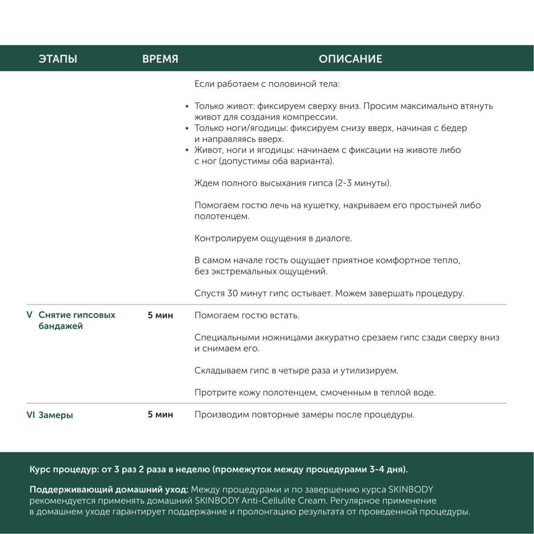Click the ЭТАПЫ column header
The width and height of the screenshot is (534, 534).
pos(58,59)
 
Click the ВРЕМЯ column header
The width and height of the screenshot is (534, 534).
pos(160,59)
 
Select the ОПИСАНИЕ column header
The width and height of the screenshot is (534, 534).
pos(350,59)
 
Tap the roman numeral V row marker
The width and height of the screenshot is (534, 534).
pos(29,315)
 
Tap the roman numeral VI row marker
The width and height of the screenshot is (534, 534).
pos(31,415)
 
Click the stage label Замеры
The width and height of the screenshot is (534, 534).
pos(56,415)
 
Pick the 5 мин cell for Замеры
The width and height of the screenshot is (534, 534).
pos(160,415)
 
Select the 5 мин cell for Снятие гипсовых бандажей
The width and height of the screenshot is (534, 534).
pos(160,316)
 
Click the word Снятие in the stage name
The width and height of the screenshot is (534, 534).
pos(54,315)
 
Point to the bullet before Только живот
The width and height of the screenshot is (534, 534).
pos(187,107)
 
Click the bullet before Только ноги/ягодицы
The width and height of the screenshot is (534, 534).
pos(187,129)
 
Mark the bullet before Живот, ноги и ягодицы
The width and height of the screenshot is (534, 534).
pos(187,150)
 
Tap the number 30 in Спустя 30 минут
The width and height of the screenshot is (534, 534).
pos(232,294)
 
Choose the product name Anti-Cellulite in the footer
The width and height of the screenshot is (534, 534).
pos(269,501)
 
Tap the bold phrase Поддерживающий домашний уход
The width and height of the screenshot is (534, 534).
pos(109,490)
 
